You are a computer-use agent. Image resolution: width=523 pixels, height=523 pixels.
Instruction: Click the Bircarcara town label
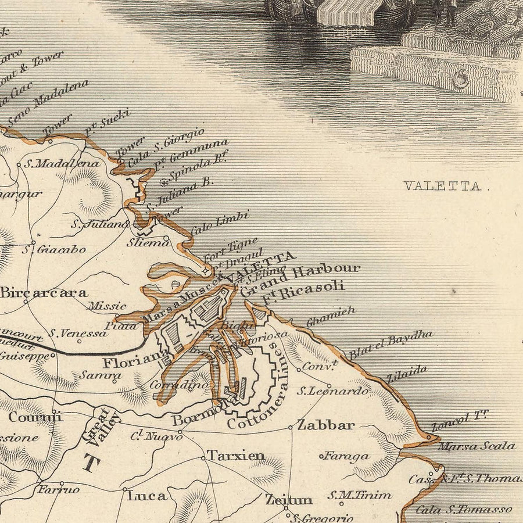pos(44,293)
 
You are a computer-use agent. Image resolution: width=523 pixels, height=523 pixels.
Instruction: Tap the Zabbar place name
pos(325,425)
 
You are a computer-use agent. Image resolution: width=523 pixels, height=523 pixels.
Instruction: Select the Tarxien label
pos(237,456)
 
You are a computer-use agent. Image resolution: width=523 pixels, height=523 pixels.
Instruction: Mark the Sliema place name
pos(147,242)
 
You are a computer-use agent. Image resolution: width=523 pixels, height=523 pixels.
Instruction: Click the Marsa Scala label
pos(476,446)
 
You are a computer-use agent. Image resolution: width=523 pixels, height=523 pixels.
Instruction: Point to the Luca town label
pos(147,496)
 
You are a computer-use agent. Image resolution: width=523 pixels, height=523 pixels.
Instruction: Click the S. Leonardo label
pos(332,391)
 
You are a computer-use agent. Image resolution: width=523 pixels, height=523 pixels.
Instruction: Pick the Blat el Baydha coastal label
pos(391,345)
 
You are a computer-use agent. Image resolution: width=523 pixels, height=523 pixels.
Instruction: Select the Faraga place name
pos(347,456)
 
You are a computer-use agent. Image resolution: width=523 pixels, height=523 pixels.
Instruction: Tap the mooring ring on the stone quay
pos(461,78)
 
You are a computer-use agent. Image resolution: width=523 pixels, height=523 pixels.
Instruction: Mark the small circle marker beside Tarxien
pos(203,458)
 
